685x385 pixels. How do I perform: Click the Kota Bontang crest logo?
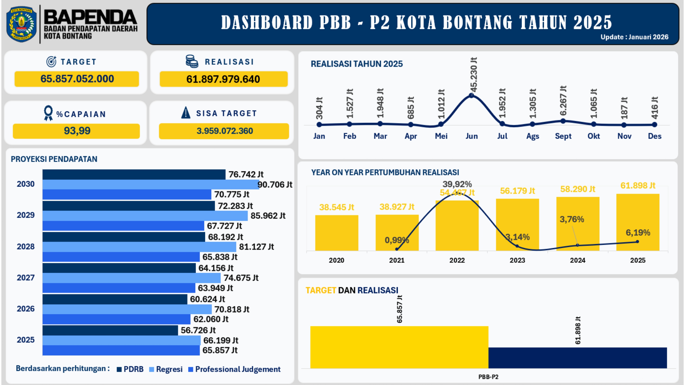click(21, 24)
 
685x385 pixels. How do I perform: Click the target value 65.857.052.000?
click(77, 79)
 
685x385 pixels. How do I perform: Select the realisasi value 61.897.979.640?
click(223, 79)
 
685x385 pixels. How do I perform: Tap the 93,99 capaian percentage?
click(77, 131)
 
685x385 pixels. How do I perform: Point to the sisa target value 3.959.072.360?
click(224, 131)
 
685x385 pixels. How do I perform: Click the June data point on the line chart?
click(472, 95)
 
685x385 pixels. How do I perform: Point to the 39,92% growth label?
click(457, 184)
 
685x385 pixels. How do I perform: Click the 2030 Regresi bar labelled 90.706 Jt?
click(150, 184)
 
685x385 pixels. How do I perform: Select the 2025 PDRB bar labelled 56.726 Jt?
click(110, 330)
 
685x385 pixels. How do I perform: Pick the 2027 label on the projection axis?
click(26, 278)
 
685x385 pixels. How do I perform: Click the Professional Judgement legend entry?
click(237, 369)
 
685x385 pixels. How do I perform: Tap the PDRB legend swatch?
click(119, 369)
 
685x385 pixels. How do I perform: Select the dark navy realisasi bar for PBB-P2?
click(578, 358)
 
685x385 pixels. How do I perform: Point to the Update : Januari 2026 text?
click(634, 37)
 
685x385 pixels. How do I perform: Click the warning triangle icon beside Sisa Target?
click(186, 113)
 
